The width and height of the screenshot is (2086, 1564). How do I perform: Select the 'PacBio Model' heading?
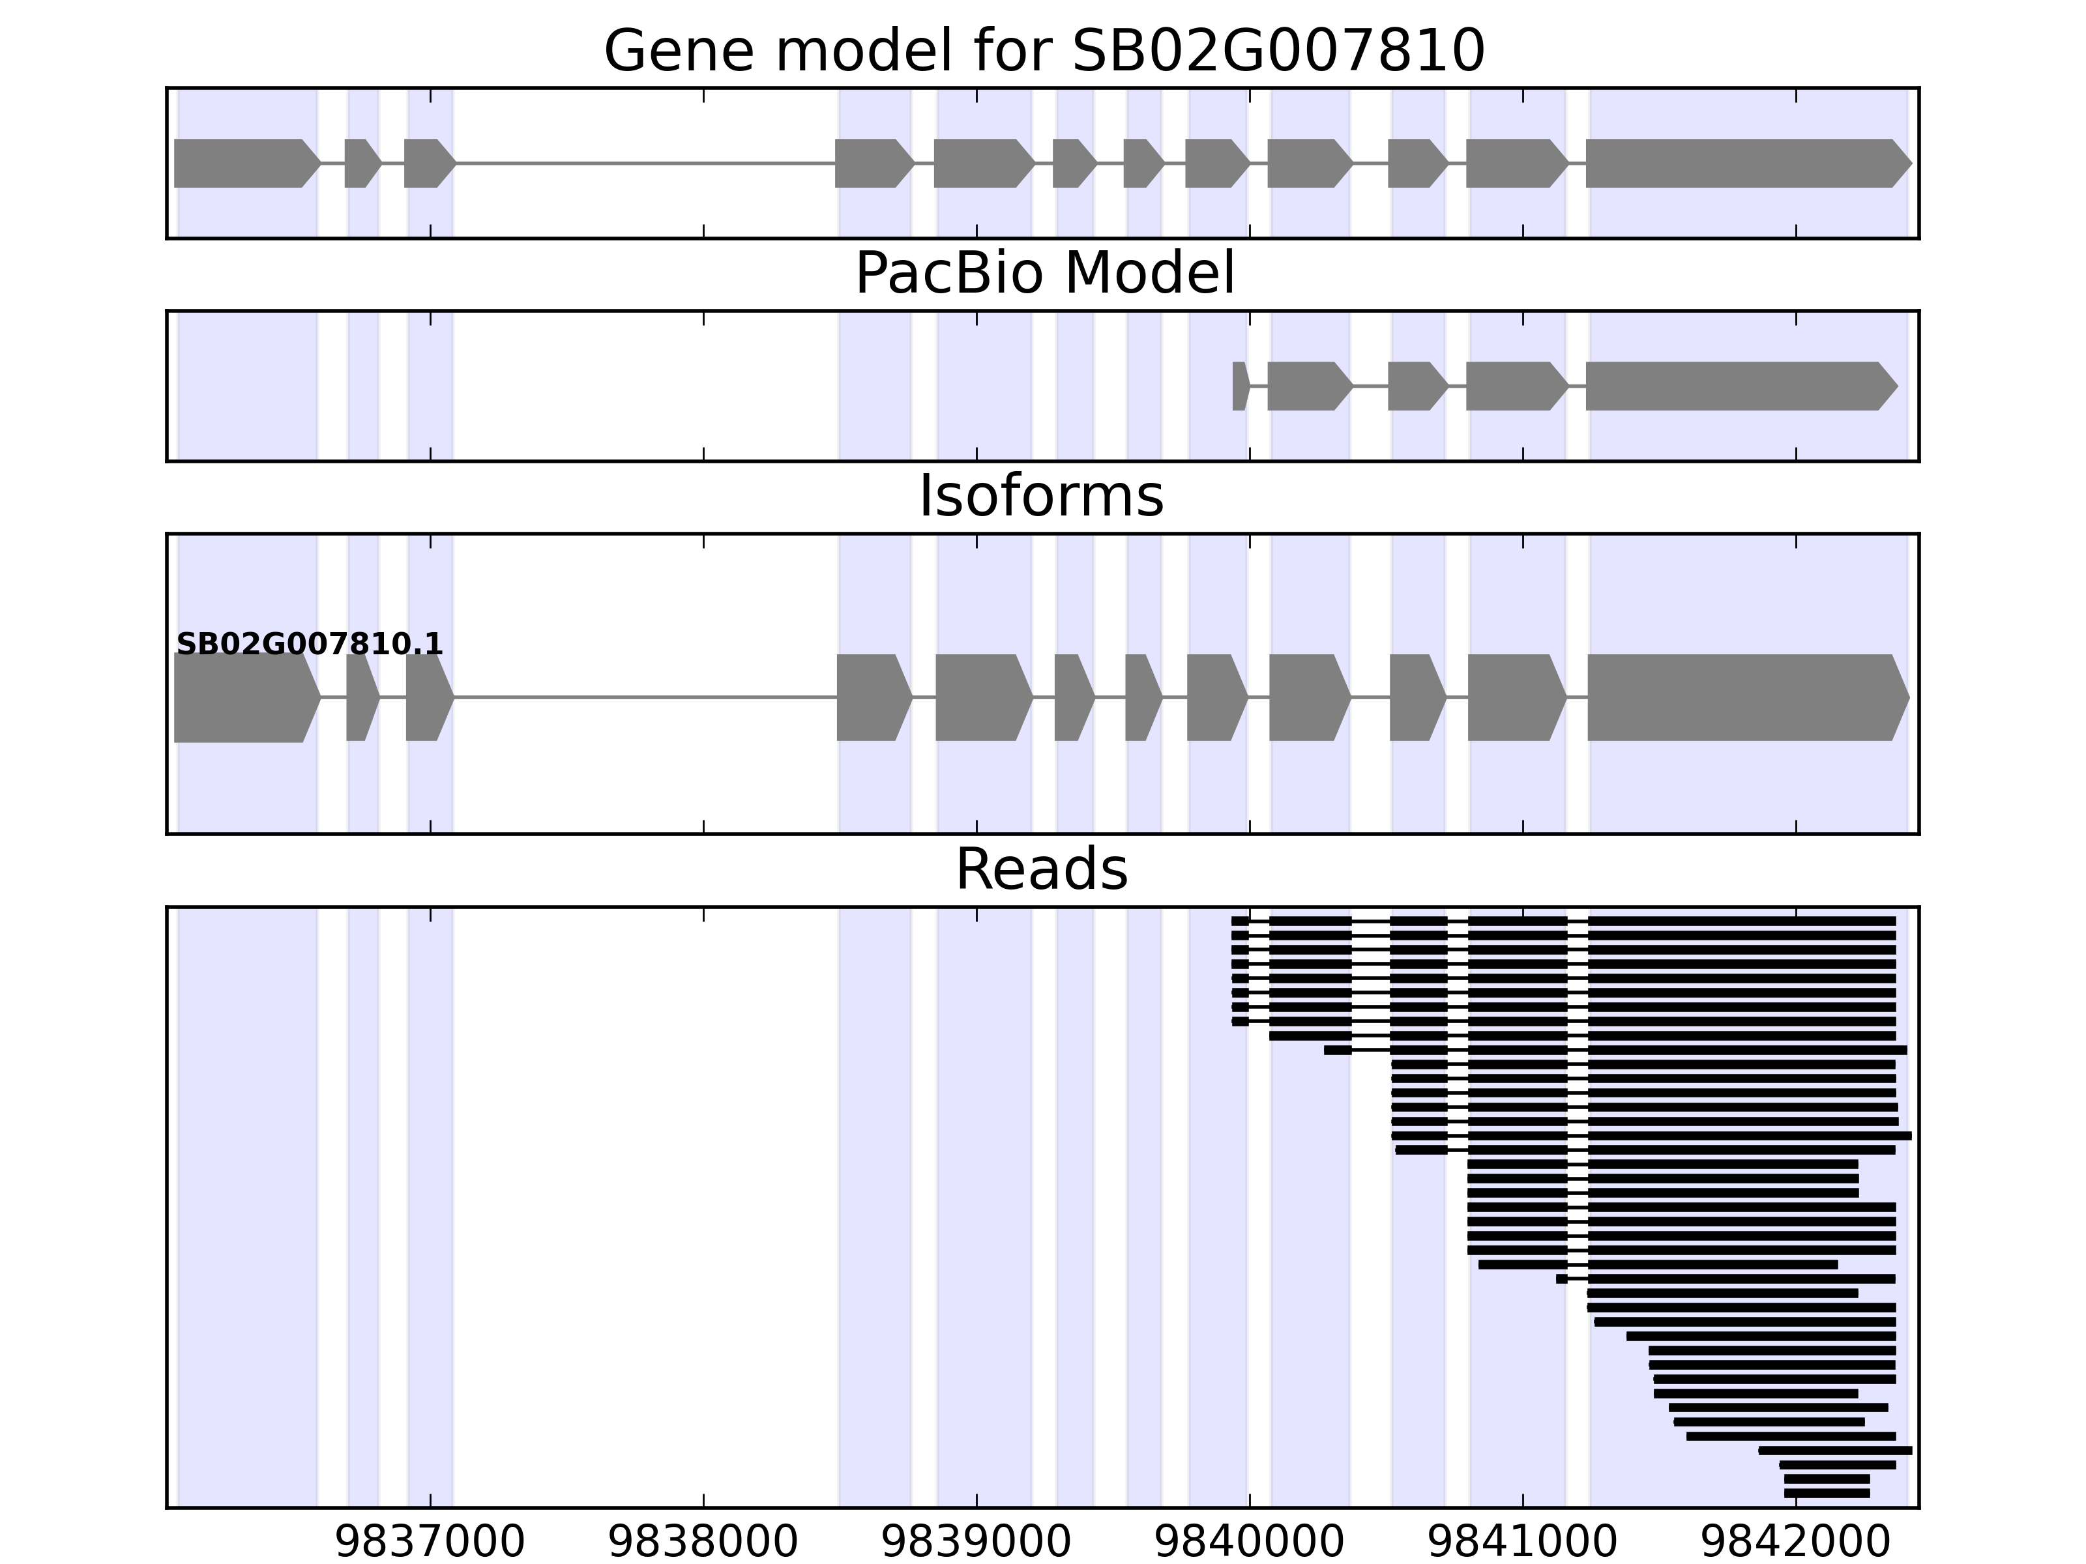coord(1043,274)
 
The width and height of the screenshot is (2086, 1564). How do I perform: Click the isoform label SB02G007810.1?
coord(310,645)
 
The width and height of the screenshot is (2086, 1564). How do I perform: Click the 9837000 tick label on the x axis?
coord(430,1543)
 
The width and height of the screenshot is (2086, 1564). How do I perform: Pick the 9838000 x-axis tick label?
coord(703,1543)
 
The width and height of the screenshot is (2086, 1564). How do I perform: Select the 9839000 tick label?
coord(976,1543)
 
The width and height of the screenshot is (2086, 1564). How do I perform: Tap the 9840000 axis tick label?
coord(1250,1543)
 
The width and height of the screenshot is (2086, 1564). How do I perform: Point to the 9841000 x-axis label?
coord(1522,1543)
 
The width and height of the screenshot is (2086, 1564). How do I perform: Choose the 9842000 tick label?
coord(1795,1543)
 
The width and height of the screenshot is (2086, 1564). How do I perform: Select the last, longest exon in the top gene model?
coord(1744,163)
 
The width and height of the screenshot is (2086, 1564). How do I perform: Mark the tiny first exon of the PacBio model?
coord(1240,386)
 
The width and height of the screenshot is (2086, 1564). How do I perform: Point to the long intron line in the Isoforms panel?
coord(645,698)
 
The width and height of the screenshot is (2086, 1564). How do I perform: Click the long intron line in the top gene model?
coord(645,163)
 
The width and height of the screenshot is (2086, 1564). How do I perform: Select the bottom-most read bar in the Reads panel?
coord(1827,1494)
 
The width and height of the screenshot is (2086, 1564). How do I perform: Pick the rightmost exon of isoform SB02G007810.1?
coord(1744,698)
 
